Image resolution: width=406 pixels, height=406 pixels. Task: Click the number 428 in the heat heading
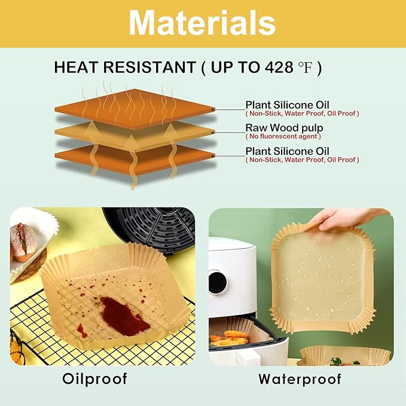click(x=280, y=68)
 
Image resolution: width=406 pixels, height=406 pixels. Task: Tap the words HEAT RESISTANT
click(x=124, y=68)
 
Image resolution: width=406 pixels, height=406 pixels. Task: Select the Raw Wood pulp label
click(x=284, y=128)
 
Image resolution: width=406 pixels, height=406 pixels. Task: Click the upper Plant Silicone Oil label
click(x=287, y=105)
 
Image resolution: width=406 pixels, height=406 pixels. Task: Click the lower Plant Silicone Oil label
click(x=287, y=151)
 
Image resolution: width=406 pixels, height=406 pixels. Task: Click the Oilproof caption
click(x=96, y=378)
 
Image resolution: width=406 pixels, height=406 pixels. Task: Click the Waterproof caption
click(x=300, y=378)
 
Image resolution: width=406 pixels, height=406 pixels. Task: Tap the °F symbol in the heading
click(x=306, y=68)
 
